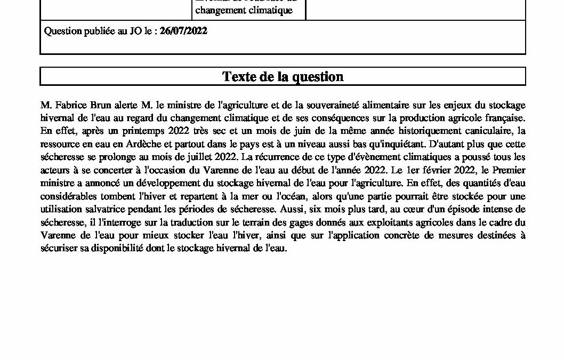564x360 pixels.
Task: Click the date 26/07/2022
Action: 183,31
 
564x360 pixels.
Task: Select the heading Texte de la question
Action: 283,77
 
